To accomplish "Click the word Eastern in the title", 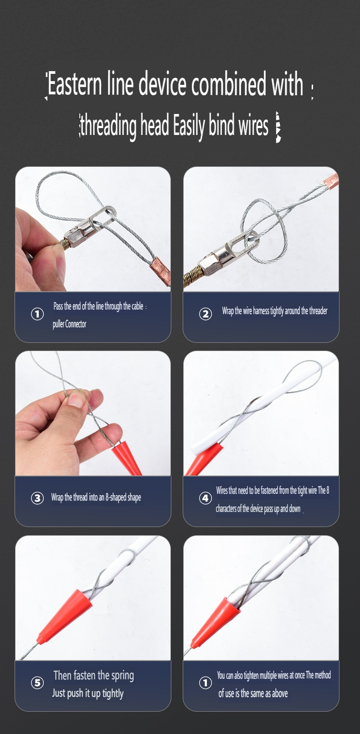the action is coord(74,84).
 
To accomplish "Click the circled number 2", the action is coord(206,314).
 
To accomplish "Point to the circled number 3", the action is coord(37,498).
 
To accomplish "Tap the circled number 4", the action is coord(206,498).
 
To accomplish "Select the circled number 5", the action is coord(37,682).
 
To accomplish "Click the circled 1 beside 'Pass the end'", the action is coord(37,314).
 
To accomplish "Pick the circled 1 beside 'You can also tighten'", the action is coord(206,682).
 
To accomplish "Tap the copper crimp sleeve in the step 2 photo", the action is coord(331,181).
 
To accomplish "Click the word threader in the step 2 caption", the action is coord(318,310).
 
